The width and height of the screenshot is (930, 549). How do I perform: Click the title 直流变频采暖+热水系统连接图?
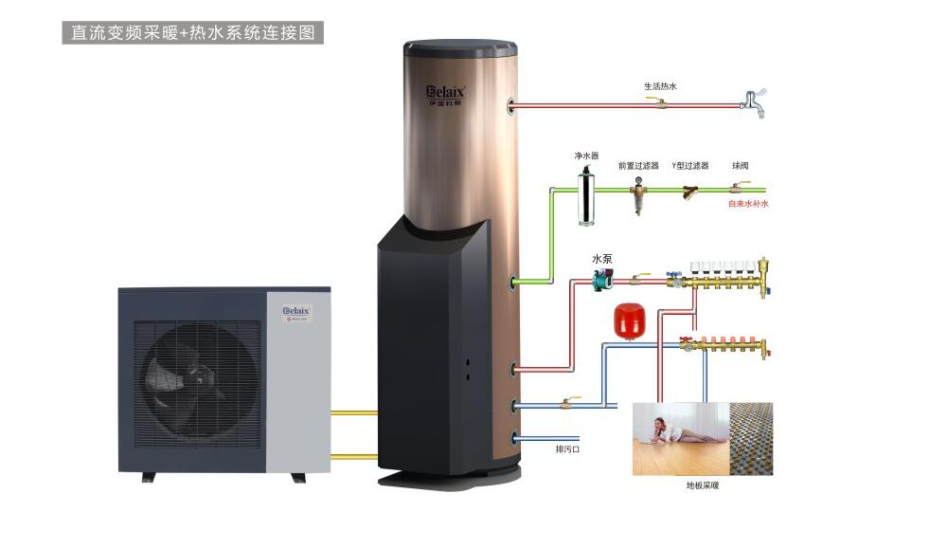[193, 32]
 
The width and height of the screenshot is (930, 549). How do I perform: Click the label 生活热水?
[660, 86]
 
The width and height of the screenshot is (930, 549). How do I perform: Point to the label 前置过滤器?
[638, 165]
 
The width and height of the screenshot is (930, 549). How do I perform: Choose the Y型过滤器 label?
[689, 165]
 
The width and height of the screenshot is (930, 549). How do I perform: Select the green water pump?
[602, 282]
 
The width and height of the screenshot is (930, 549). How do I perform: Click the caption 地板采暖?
[702, 485]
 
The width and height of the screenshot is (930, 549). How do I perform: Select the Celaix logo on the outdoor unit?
[296, 310]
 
